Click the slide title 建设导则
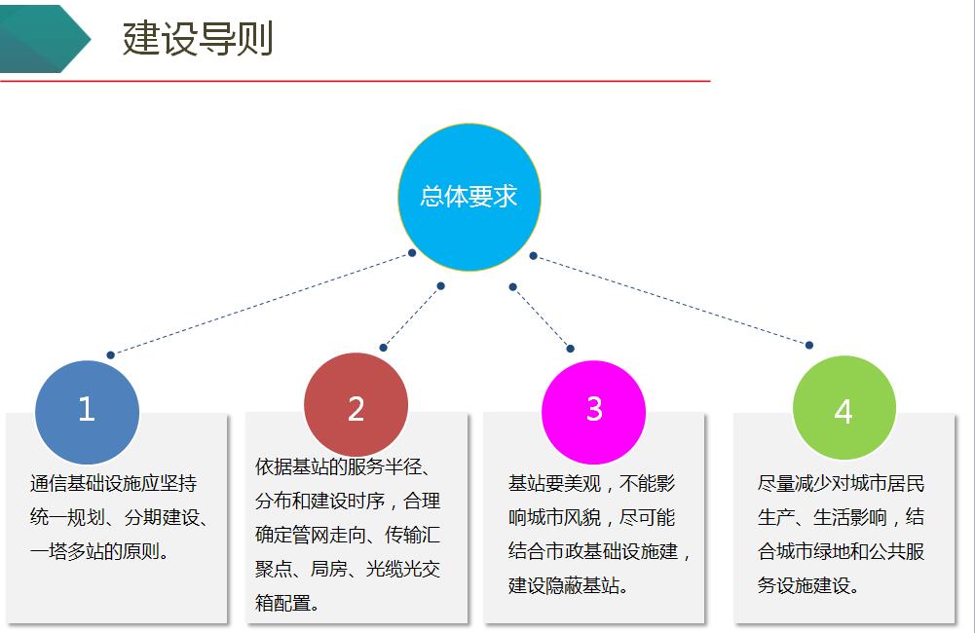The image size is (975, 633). tap(198, 39)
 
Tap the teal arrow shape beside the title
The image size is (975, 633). tap(44, 39)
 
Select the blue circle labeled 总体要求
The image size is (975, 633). tap(469, 197)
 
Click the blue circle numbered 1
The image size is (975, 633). tap(87, 412)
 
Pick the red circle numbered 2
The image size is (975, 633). tap(356, 405)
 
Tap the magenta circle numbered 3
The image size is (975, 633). tap(594, 412)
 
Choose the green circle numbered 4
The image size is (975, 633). tap(844, 407)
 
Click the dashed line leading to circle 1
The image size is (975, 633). tap(261, 304)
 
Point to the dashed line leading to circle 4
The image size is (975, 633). tap(671, 300)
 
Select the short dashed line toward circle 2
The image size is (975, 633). tap(412, 316)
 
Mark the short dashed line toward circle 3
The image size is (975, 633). tap(542, 317)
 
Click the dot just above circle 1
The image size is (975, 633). tap(110, 355)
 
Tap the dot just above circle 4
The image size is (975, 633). tap(809, 345)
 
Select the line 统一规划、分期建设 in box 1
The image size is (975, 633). tap(114, 517)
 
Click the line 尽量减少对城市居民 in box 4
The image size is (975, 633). tap(841, 483)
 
